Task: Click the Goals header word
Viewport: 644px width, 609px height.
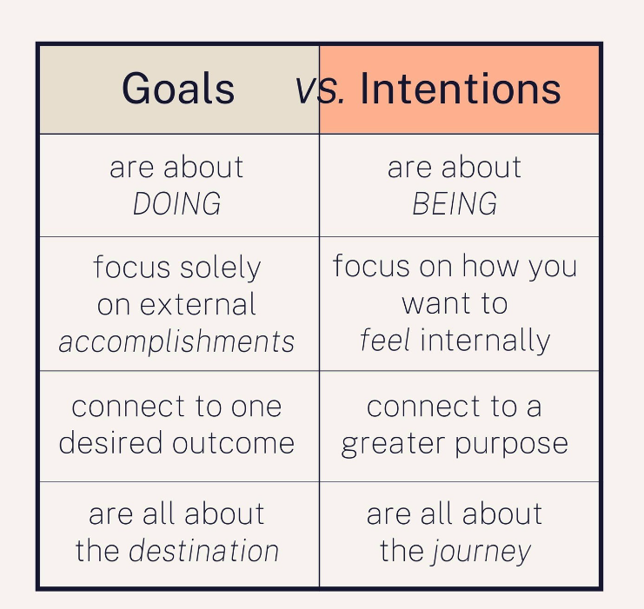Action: point(178,89)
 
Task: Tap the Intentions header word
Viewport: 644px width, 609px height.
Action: point(461,89)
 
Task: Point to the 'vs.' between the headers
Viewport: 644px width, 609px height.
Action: point(320,89)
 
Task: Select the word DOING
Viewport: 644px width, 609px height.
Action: point(177,203)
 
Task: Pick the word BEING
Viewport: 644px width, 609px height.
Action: point(455,203)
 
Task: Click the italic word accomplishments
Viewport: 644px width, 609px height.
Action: point(176,341)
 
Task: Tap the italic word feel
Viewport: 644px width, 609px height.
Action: point(385,340)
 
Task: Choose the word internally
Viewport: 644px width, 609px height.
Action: point(485,341)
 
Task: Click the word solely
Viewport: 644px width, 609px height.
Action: point(221,268)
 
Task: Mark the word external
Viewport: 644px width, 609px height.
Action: point(198,304)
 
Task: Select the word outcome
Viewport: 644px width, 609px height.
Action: point(233,443)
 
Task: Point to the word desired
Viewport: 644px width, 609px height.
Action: point(110,442)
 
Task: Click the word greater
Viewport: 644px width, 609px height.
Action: point(393,444)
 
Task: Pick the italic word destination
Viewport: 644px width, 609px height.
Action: point(203,550)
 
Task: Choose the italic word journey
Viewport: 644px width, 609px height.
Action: point(481,552)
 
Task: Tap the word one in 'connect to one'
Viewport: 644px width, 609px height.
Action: point(256,407)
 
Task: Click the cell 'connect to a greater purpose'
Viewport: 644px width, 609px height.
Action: point(459,427)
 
